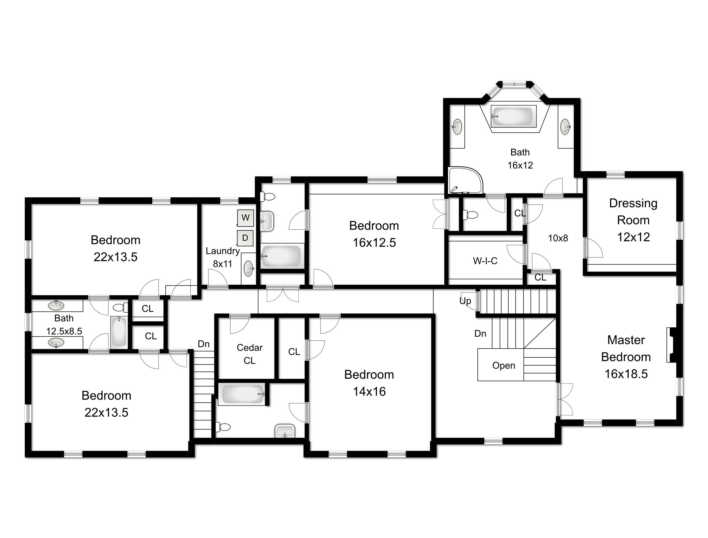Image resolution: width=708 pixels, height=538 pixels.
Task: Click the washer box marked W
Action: point(245,218)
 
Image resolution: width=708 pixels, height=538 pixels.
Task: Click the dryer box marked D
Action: point(245,238)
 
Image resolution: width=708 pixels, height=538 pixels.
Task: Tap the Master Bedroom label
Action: point(626,357)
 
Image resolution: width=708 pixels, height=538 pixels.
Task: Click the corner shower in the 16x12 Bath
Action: point(465,180)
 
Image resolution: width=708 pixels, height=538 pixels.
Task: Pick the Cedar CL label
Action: point(249,354)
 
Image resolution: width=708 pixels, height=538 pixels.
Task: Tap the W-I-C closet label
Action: point(485,261)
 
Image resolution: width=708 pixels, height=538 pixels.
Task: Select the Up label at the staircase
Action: point(465,301)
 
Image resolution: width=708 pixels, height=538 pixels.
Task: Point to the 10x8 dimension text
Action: point(558,238)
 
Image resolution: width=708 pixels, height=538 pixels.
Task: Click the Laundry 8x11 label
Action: point(223,257)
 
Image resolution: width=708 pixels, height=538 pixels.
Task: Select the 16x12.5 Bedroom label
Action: point(374,234)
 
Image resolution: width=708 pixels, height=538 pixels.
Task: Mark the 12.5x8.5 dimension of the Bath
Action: point(64,331)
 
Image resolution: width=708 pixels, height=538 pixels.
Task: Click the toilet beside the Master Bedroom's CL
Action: point(470,215)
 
